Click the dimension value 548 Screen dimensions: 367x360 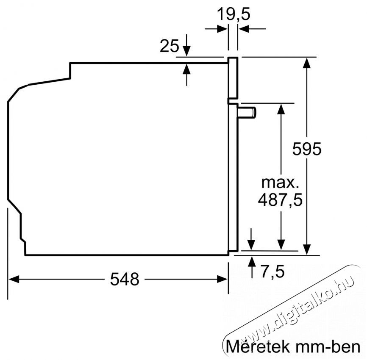(125, 279)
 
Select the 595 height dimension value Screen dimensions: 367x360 (307, 149)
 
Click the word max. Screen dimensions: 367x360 (280, 183)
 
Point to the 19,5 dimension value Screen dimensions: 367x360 (234, 14)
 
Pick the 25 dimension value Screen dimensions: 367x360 (169, 46)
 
